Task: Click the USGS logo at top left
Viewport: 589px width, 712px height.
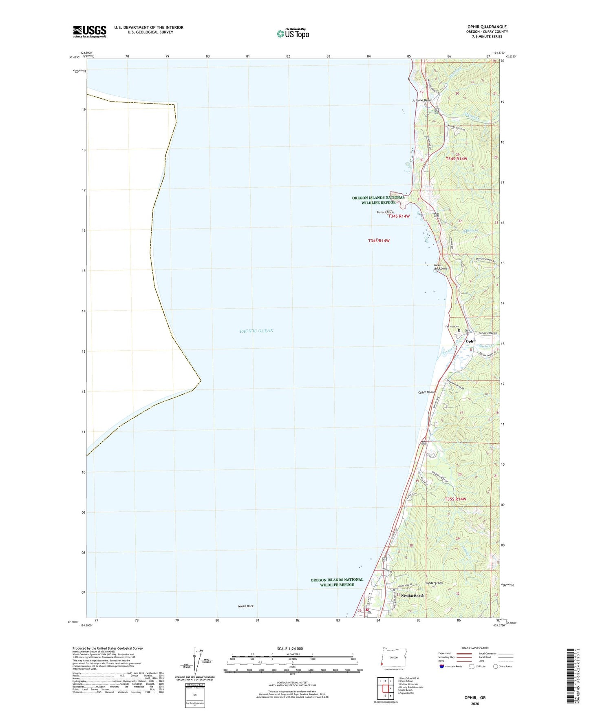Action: tap(90, 31)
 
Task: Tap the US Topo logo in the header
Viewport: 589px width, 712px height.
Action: tap(293, 33)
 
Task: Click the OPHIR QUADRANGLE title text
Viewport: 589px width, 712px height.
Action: tap(487, 27)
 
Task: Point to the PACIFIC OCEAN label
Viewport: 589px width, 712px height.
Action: tap(256, 331)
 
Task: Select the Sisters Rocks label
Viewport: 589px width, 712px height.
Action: tap(385, 212)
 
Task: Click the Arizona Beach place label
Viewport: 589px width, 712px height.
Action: tap(422, 100)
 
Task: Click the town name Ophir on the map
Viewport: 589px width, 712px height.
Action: tap(471, 341)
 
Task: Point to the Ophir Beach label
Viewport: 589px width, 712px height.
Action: tap(426, 392)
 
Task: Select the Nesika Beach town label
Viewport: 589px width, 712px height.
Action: tap(412, 595)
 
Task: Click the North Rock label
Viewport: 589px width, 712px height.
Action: tap(246, 606)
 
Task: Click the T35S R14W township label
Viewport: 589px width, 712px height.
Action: tap(455, 499)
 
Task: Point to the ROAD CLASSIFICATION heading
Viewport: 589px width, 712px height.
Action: tap(475, 648)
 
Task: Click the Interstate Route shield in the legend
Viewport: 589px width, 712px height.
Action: tap(442, 666)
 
